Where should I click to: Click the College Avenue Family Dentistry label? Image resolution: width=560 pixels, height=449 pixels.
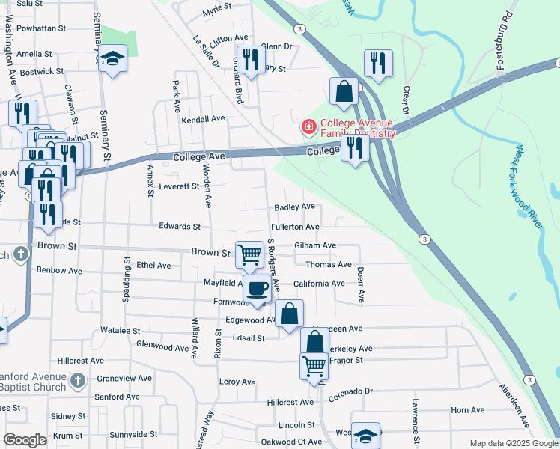tap(357, 129)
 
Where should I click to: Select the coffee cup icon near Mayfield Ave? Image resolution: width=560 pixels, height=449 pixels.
tap(257, 288)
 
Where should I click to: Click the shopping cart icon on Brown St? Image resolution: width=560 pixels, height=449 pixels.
tap(249, 254)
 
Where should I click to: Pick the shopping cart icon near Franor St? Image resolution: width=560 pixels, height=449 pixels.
tap(314, 367)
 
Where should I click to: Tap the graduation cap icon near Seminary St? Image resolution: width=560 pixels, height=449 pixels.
tap(112, 59)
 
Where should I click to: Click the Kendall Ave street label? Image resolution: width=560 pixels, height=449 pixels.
tap(203, 119)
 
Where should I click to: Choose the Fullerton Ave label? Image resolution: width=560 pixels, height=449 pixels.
tap(296, 227)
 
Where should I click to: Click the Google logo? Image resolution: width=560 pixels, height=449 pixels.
tap(25, 440)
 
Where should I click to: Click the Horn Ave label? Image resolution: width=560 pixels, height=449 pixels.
tap(468, 410)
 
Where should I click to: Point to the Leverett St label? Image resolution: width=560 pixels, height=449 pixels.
tap(178, 186)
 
